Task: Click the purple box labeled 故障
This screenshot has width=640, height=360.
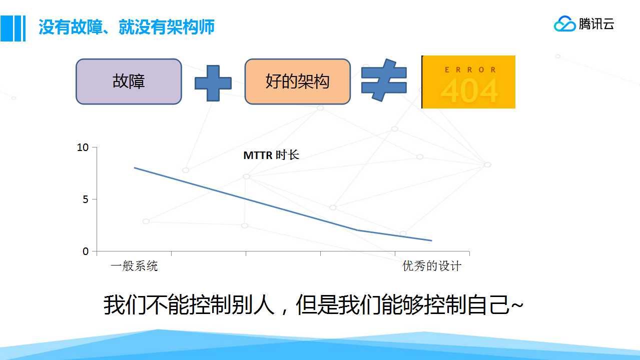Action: (129, 81)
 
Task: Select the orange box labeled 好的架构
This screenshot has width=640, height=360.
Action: (298, 81)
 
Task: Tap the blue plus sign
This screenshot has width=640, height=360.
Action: (213, 83)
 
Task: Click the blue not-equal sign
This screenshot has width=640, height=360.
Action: (384, 80)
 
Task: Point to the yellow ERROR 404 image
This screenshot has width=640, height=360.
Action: (468, 82)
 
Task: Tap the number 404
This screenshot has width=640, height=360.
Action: (469, 90)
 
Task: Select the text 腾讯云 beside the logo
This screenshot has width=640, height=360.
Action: (596, 24)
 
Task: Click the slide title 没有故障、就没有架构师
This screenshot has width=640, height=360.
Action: (127, 27)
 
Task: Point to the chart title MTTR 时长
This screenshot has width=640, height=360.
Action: (271, 155)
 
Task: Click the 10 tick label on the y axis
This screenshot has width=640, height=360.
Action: (83, 147)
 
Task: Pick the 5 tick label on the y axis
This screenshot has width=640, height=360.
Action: (86, 199)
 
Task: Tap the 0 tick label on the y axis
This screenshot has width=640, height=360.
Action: (86, 251)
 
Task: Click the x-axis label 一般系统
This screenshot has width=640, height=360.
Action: (134, 266)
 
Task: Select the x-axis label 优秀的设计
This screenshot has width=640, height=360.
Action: (432, 266)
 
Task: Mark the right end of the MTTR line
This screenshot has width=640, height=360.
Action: (431, 240)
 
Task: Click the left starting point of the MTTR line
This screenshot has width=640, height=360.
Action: (135, 168)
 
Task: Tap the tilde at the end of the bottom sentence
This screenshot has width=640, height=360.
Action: (517, 305)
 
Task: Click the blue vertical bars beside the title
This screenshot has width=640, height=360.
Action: (13, 28)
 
